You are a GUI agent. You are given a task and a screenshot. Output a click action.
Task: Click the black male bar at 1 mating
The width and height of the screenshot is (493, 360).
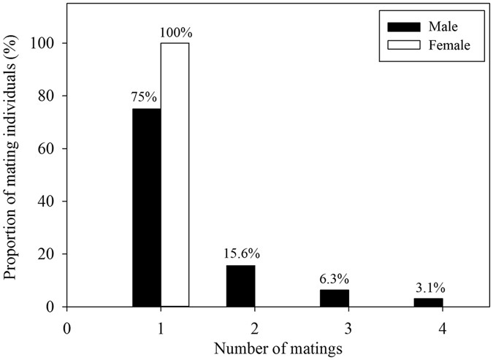click(x=147, y=207)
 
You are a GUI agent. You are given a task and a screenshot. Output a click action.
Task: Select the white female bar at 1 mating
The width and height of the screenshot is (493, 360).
click(x=175, y=175)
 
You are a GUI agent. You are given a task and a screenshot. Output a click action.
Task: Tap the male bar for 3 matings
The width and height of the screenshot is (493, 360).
click(x=335, y=298)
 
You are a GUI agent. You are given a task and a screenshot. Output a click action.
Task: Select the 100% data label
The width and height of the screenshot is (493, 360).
click(x=175, y=34)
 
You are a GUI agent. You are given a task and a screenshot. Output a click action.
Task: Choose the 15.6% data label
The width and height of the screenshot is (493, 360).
click(x=240, y=255)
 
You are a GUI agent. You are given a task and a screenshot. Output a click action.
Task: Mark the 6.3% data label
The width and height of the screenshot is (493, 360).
click(x=335, y=280)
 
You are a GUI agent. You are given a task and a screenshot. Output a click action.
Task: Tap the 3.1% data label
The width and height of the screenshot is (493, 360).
click(x=429, y=288)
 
